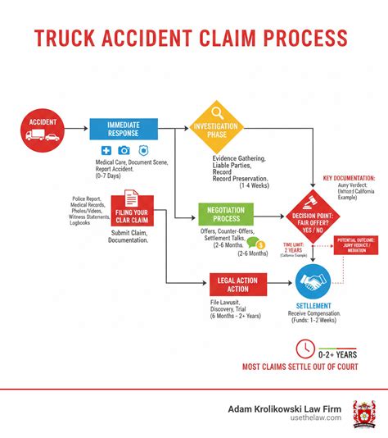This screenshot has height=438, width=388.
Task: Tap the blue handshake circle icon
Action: point(314,282)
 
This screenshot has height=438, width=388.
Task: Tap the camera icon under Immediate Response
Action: point(124,150)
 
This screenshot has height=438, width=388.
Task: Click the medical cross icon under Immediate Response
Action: point(106,150)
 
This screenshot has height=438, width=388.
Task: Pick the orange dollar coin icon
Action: point(260,244)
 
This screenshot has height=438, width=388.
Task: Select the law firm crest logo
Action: point(363,413)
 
